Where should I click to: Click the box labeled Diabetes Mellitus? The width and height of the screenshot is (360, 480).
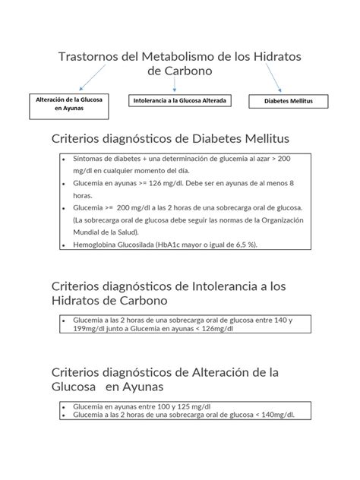(x=289, y=101)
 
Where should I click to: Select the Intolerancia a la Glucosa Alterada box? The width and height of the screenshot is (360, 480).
(x=180, y=100)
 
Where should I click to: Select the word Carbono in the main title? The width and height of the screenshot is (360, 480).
(x=186, y=71)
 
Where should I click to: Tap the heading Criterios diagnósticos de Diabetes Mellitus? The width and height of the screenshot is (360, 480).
(x=170, y=139)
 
